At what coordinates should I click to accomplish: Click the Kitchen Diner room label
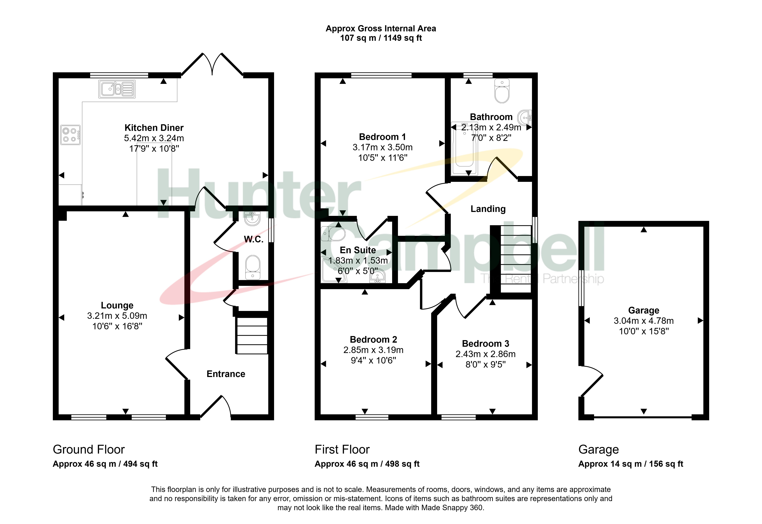tap(154, 128)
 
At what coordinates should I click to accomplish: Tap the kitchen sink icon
tap(117, 89)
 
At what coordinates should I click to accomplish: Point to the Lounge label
tap(117, 305)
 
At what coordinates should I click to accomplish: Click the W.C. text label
tap(254, 239)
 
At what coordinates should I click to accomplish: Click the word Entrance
tap(226, 374)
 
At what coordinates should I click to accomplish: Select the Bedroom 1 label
tap(382, 137)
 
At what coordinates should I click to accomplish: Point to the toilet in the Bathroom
tap(502, 91)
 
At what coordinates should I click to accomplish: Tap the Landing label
tap(488, 209)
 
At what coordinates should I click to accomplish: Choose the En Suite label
tap(358, 250)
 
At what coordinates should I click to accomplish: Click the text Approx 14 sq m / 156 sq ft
tap(630, 464)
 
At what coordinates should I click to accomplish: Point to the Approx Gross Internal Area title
tap(381, 29)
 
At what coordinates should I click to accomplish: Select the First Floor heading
tap(342, 449)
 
